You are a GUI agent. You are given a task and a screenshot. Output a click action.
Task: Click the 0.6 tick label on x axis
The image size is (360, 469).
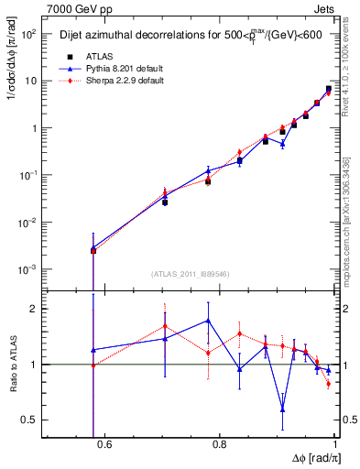pos(104,445)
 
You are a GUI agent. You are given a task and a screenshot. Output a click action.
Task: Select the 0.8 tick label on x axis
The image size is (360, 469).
pos(220,445)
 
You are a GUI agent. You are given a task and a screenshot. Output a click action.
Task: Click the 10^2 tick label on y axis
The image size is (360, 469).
pos(28,34)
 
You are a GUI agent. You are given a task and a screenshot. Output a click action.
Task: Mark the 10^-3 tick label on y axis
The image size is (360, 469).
pos(28,269)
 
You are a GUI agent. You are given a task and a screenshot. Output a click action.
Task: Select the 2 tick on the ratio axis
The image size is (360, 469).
pos(35,309)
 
